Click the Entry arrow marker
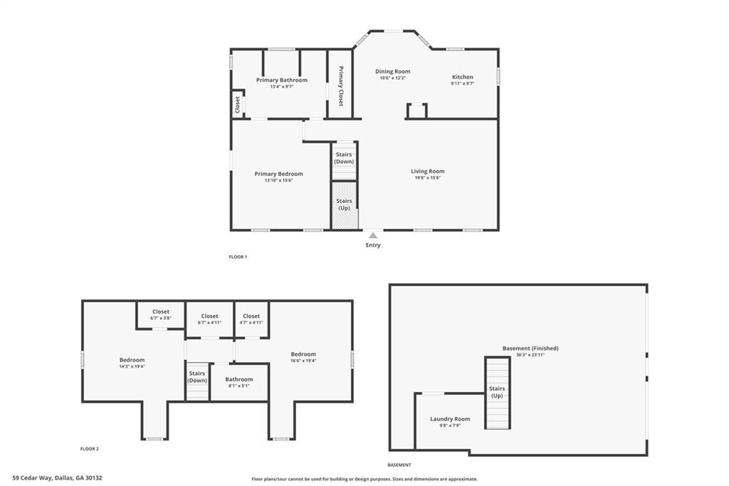pos(373,235)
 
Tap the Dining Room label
pos(393,71)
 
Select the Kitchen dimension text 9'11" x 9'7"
pos(463,84)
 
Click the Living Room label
pos(428,171)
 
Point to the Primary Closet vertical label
pos(341,86)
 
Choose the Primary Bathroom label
pos(282,80)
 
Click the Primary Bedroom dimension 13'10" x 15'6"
pos(278,180)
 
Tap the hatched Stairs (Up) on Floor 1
pos(345,205)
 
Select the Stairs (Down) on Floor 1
pos(344,160)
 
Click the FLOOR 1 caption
pos(238,257)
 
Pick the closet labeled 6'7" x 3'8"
pos(161,315)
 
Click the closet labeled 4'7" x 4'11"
pos(251,319)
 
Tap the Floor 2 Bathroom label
pos(239,379)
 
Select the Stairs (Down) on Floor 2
pos(197,381)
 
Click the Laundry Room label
pos(450,419)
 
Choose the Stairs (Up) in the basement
pos(498,393)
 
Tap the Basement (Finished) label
pos(530,348)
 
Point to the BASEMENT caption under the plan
pos(399,465)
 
